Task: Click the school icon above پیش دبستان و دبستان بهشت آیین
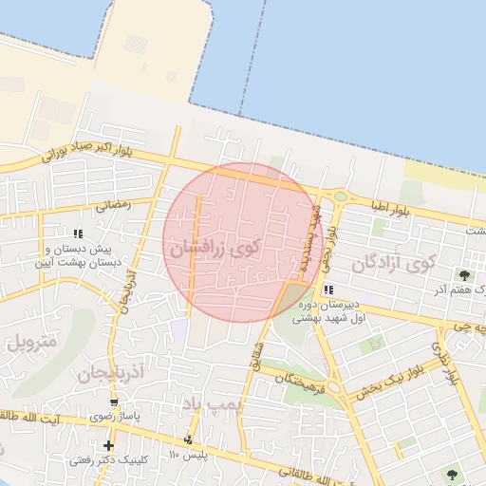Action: click(x=78, y=233)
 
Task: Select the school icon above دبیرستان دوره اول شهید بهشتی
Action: click(x=327, y=290)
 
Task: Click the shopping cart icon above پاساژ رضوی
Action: click(x=115, y=402)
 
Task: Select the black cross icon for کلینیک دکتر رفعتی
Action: click(x=109, y=445)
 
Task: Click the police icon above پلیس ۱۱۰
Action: click(x=188, y=439)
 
